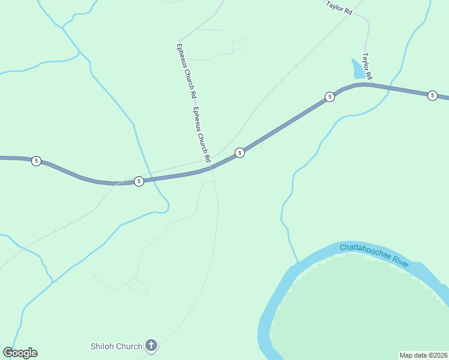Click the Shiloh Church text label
point(116,346)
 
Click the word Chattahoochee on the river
point(366,251)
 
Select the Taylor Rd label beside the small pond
point(367,67)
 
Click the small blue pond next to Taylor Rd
point(358,70)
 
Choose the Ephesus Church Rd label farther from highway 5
point(186,71)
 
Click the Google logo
point(20,353)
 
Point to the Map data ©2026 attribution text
point(423,355)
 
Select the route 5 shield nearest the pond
point(329,97)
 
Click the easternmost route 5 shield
point(432,95)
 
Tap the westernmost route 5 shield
point(37,161)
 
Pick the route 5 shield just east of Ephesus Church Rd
point(240,152)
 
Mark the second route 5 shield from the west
point(139,181)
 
